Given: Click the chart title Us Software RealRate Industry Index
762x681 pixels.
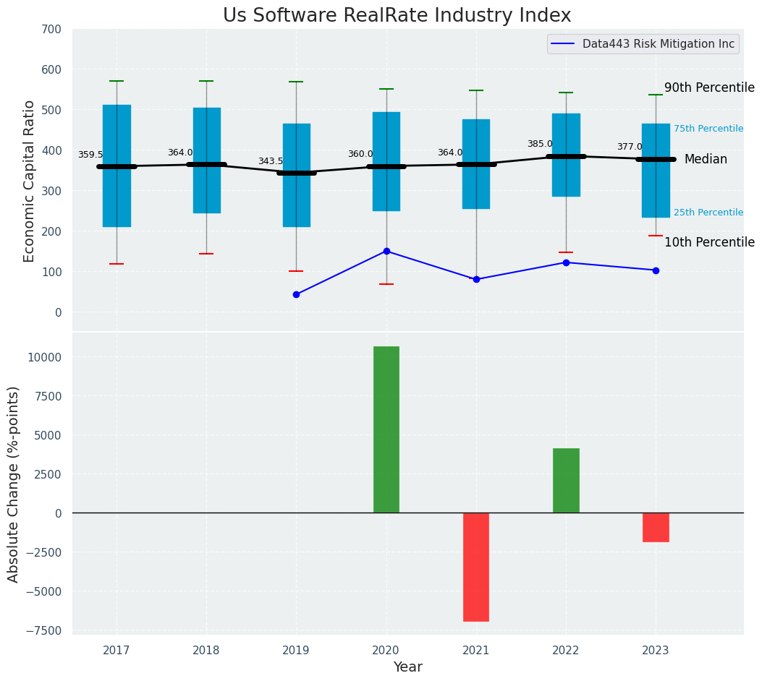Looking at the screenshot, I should pyautogui.click(x=397, y=16).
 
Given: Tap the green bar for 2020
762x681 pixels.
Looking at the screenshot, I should pyautogui.click(x=386, y=429).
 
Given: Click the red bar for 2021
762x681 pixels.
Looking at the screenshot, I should pyautogui.click(x=476, y=567).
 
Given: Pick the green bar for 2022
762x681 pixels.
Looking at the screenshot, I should pyautogui.click(x=566, y=480).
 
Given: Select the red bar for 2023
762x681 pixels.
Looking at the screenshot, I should pyautogui.click(x=656, y=527).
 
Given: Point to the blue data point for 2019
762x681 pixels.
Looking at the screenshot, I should pyautogui.click(x=296, y=294).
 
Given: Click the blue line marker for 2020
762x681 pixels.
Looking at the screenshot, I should pyautogui.click(x=386, y=251).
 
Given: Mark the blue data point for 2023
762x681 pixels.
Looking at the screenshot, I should pyautogui.click(x=656, y=270).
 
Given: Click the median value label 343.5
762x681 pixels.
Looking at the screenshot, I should pyautogui.click(x=271, y=161).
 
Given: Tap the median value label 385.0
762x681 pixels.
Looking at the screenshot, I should pyautogui.click(x=540, y=144).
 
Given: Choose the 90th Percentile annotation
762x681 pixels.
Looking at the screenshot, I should pyautogui.click(x=709, y=87).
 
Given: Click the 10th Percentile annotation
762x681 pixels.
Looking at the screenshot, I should pyautogui.click(x=709, y=242).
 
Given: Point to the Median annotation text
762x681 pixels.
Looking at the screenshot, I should pyautogui.click(x=706, y=159).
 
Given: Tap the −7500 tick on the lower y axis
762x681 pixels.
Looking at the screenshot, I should pyautogui.click(x=44, y=630).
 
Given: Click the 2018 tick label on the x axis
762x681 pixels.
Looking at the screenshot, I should pyautogui.click(x=206, y=651).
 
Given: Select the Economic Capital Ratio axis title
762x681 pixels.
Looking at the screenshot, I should pyautogui.click(x=29, y=181).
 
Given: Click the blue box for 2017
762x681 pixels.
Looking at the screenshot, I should pyautogui.click(x=117, y=166).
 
